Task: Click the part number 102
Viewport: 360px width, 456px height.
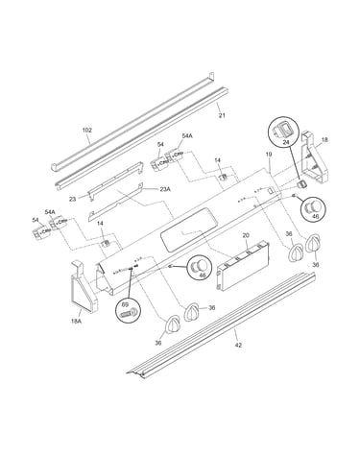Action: [86, 131]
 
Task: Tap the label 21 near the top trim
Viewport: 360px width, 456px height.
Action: [222, 115]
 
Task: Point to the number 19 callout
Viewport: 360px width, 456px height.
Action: [269, 155]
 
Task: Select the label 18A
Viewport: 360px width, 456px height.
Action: [77, 322]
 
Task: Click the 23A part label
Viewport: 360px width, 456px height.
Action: [165, 189]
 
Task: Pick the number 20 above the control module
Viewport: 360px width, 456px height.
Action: [246, 235]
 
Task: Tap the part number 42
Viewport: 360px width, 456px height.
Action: [238, 345]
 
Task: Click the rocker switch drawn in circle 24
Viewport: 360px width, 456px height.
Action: [280, 130]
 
